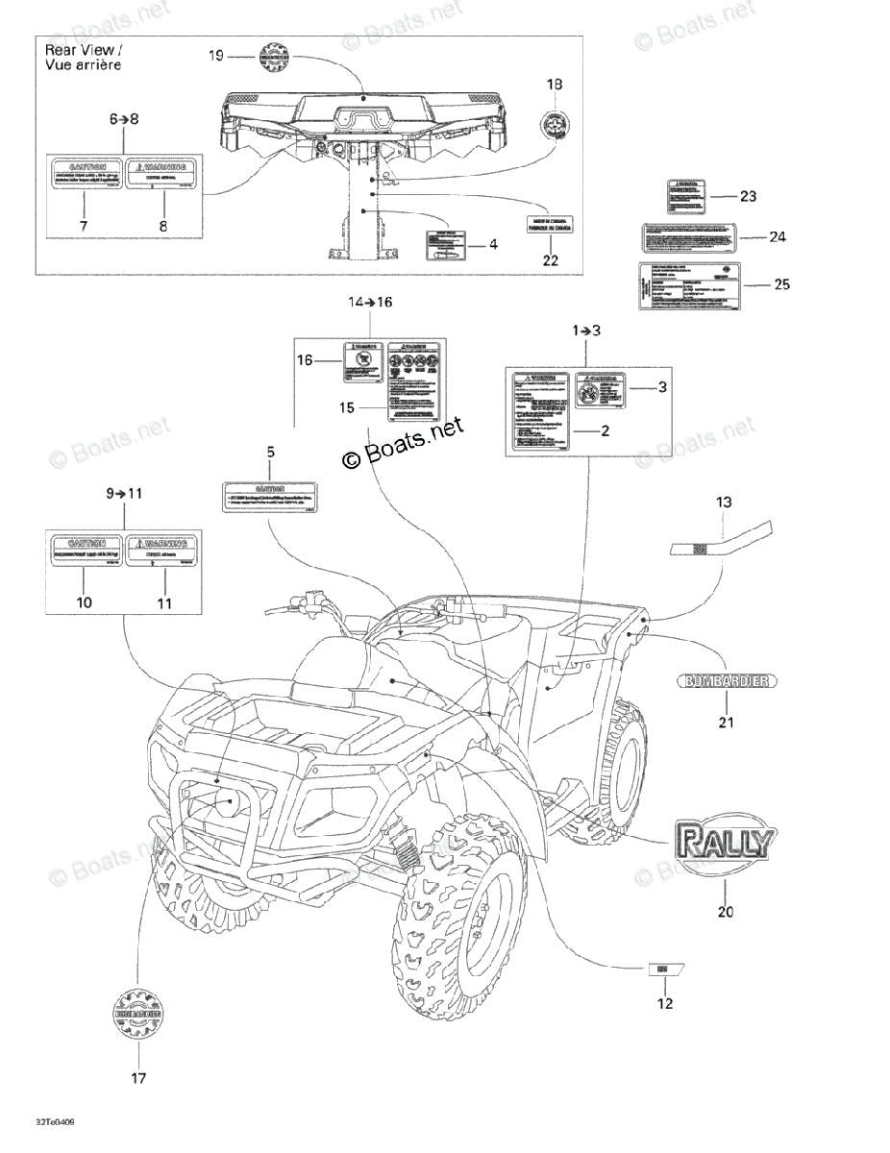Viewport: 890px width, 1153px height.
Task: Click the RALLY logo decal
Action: click(x=725, y=843)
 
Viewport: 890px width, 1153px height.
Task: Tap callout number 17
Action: click(x=138, y=1078)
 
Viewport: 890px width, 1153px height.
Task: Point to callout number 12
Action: click(x=665, y=1004)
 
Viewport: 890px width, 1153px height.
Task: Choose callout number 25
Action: click(x=781, y=284)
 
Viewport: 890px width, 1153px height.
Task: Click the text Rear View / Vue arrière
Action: click(x=84, y=56)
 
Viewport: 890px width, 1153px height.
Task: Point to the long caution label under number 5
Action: click(x=270, y=494)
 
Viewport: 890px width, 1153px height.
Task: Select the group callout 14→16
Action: click(x=370, y=302)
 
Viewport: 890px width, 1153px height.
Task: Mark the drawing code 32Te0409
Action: click(x=56, y=1120)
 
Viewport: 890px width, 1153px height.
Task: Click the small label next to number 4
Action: click(x=442, y=246)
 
